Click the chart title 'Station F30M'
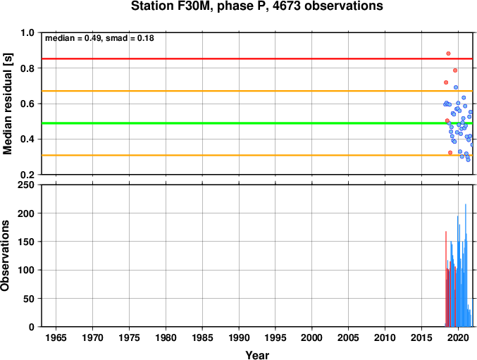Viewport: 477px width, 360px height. [x=172, y=6]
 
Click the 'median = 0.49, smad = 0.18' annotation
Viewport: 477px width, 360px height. [x=99, y=38]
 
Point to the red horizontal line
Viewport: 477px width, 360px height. [x=257, y=58]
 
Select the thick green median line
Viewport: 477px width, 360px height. [x=257, y=123]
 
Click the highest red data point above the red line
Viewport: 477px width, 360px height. [x=448, y=54]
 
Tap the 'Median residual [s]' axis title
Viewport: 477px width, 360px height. [x=7, y=104]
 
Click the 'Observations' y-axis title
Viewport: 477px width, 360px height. [x=5, y=256]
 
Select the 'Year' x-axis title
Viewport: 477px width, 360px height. [x=257, y=355]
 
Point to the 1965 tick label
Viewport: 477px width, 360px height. [x=56, y=337]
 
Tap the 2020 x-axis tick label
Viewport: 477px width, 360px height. [x=458, y=337]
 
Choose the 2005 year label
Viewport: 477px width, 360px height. [x=348, y=337]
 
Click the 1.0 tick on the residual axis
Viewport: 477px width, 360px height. [x=27, y=32]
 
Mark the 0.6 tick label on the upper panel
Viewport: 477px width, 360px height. [x=27, y=104]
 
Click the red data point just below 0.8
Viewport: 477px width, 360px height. [x=455, y=70]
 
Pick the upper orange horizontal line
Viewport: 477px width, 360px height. [x=257, y=91]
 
